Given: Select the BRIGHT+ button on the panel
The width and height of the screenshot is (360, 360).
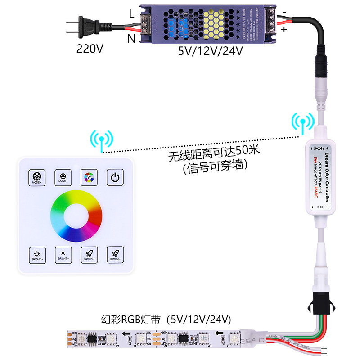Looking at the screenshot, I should click(37, 255).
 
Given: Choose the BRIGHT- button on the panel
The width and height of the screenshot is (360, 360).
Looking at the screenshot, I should click(63, 255).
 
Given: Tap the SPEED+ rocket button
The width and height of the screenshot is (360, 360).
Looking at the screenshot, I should click(89, 255).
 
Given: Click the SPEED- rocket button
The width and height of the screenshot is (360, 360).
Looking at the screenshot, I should click(115, 255).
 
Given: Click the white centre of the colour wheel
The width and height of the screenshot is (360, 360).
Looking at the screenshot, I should click(76, 216).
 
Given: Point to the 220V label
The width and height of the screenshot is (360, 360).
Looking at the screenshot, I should click(90, 49).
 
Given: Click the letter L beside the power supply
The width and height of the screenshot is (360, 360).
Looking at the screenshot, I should click(131, 14).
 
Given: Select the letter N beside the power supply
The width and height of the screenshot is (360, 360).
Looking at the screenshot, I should click(131, 39).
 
